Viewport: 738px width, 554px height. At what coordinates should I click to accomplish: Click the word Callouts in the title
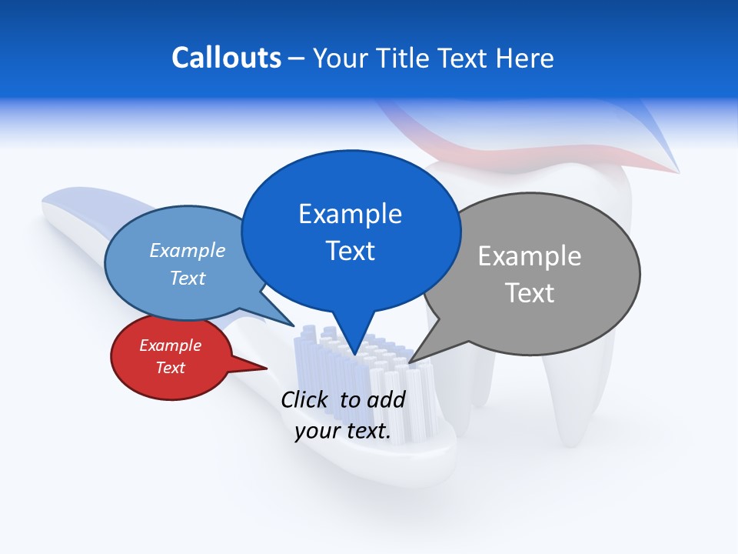pos(226,58)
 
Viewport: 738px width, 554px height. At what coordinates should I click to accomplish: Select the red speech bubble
pos(171,357)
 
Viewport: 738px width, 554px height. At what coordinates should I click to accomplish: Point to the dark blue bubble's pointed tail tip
pos(354,355)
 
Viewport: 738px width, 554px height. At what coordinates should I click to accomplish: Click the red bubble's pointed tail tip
pos(267,369)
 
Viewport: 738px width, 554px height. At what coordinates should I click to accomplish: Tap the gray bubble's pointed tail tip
pos(410,362)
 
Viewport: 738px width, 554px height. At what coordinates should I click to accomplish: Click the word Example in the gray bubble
pos(530,256)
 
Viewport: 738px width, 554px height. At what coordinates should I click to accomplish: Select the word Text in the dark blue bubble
pos(351,251)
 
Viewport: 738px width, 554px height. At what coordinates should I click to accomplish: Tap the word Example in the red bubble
pos(171,345)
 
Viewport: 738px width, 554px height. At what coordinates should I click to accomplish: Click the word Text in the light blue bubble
pos(188,278)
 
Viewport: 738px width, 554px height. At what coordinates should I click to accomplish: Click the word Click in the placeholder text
pos(304,399)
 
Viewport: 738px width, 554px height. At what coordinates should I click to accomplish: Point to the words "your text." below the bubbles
pos(343,432)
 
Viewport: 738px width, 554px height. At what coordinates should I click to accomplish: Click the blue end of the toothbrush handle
pos(92,212)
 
